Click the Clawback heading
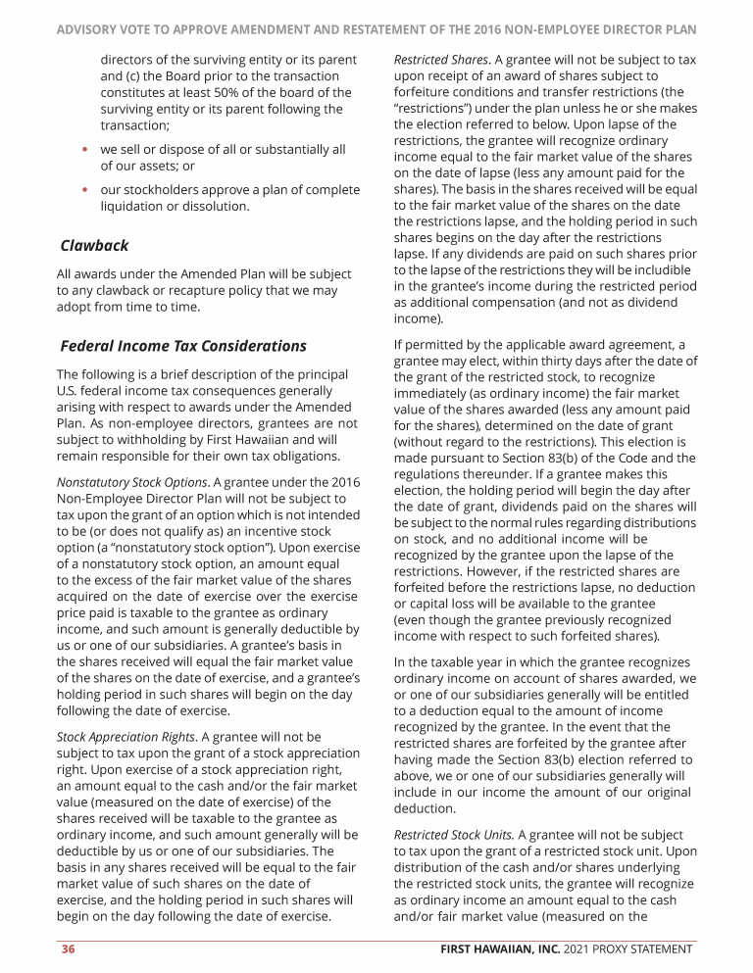point(94,245)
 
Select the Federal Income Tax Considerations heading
point(183,346)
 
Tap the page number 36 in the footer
point(70,949)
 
